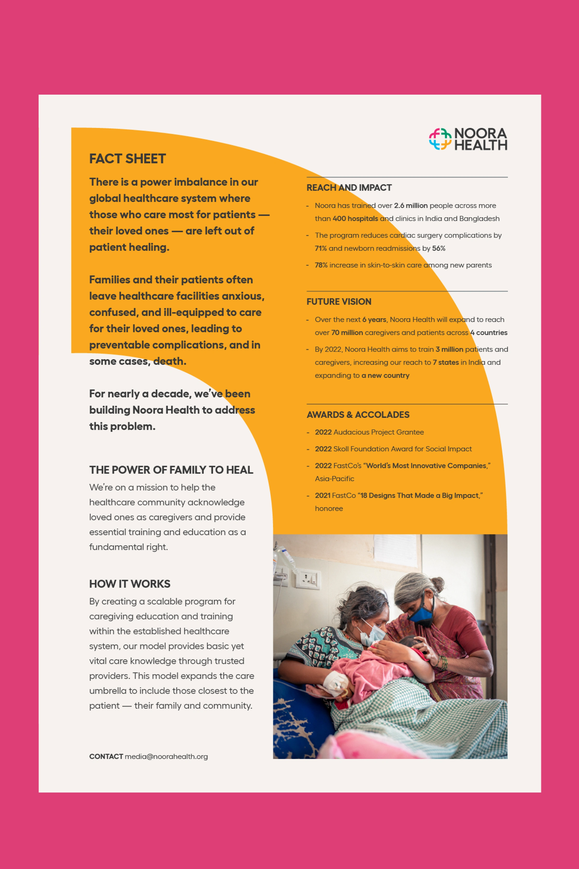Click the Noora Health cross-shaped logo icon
coord(440,139)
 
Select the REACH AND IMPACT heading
coord(349,188)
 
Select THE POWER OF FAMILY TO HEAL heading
coord(171,470)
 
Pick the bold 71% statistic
coord(321,248)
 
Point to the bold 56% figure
coord(439,248)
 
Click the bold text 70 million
coord(347,333)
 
